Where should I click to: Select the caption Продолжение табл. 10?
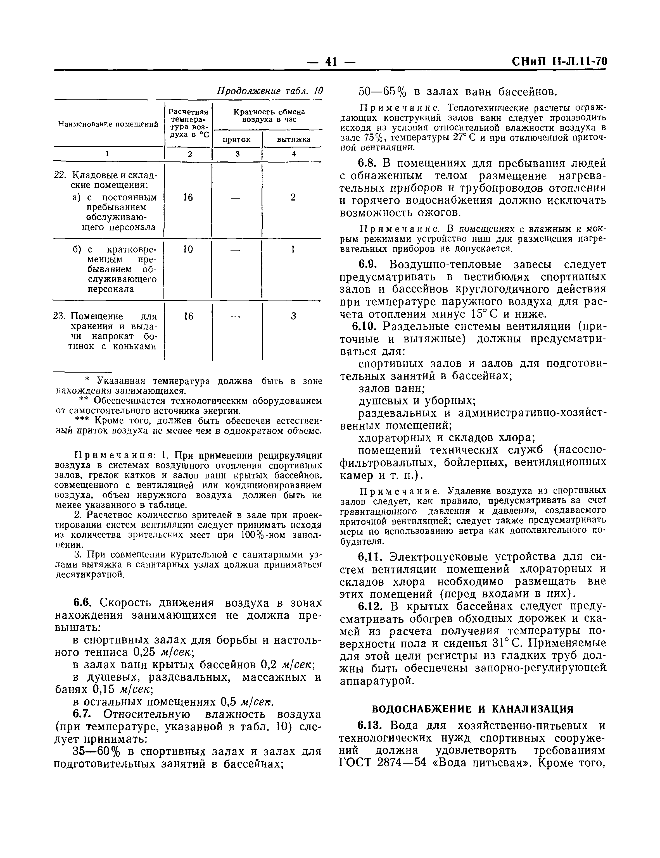[x=270, y=91]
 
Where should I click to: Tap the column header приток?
[x=237, y=139]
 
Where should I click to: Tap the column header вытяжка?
[x=293, y=139]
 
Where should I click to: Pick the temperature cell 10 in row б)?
[x=188, y=249]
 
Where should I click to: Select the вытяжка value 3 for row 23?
[x=293, y=316]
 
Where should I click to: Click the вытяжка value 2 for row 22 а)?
[x=293, y=197]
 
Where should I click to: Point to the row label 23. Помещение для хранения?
[x=105, y=316]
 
